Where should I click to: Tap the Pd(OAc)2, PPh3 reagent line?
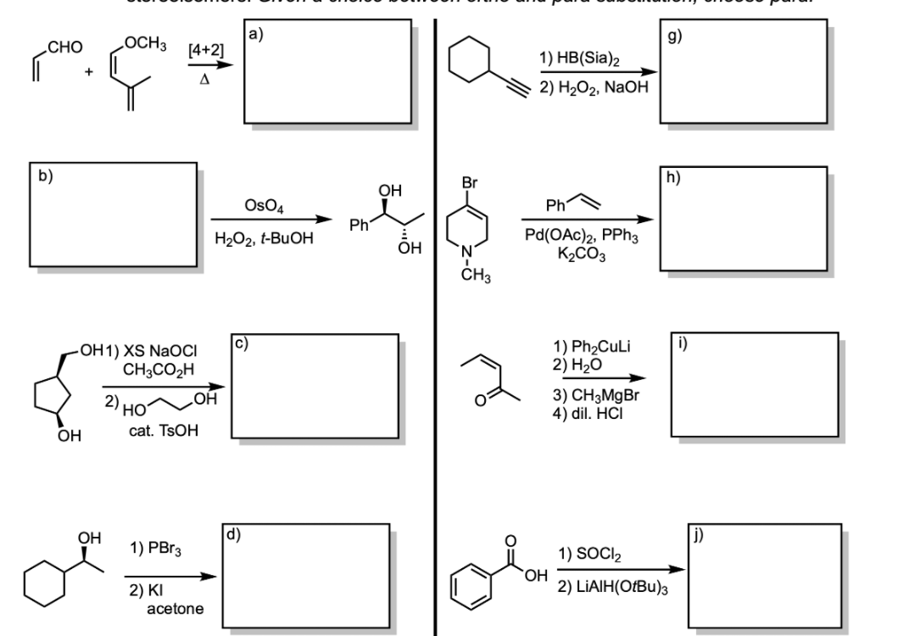pyautogui.click(x=579, y=234)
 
